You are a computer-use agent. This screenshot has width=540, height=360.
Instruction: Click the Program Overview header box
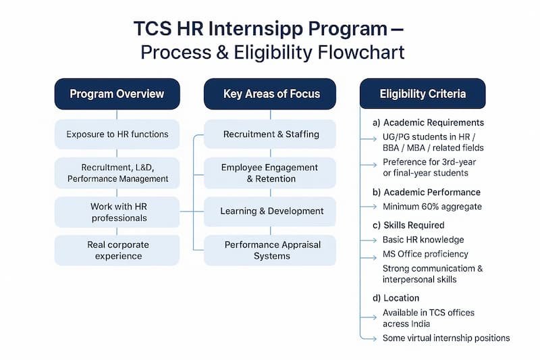coord(117,94)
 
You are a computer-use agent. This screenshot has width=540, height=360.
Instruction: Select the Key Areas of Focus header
coord(270,94)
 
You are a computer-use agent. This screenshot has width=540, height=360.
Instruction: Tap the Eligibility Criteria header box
coord(423,94)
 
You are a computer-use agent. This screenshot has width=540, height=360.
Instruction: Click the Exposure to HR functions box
coord(117,134)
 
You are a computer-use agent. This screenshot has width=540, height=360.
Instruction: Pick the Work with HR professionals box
coord(117,212)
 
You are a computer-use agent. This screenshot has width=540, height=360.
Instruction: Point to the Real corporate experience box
coord(117,250)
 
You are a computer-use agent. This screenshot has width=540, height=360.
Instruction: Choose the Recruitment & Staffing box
coord(270,134)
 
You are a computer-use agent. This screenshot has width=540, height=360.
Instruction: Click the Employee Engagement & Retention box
coord(270,173)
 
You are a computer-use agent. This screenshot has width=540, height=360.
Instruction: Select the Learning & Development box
coord(270,211)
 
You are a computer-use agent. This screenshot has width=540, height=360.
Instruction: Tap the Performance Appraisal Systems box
coord(270,250)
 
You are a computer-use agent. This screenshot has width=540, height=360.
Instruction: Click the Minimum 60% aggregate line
coord(432,207)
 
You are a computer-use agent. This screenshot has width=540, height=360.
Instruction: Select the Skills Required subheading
coord(413,225)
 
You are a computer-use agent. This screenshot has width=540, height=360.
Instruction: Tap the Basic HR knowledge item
coord(423,240)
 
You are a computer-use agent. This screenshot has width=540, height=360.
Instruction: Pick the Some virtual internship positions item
coord(446,338)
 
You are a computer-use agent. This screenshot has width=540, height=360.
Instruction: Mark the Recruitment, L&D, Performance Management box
coord(117,173)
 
